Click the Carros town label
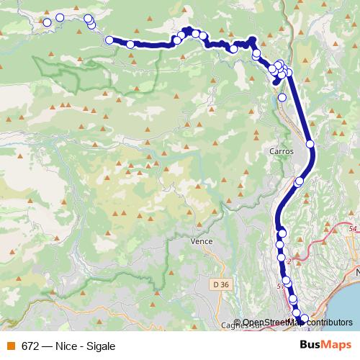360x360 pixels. pyautogui.click(x=280, y=152)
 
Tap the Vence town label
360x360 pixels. pyautogui.click(x=202, y=241)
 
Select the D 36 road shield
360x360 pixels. pyautogui.click(x=222, y=285)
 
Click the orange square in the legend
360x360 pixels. pyautogui.click(x=11, y=346)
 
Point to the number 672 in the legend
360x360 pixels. pyautogui.click(x=30, y=346)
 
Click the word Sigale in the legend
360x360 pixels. pyautogui.click(x=101, y=346)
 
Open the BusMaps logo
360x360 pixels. pyautogui.click(x=327, y=346)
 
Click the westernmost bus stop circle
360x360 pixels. pyautogui.click(x=48, y=22)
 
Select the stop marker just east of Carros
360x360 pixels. pyautogui.click(x=311, y=145)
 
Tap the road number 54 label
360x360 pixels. pyautogui.click(x=352, y=229)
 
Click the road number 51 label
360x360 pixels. pyautogui.click(x=280, y=286)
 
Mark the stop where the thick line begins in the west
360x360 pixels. pyautogui.click(x=109, y=40)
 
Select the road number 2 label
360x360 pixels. pyautogui.click(x=289, y=261)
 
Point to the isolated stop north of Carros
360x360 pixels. pyautogui.click(x=282, y=97)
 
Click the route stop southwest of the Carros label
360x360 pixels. pyautogui.click(x=299, y=181)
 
